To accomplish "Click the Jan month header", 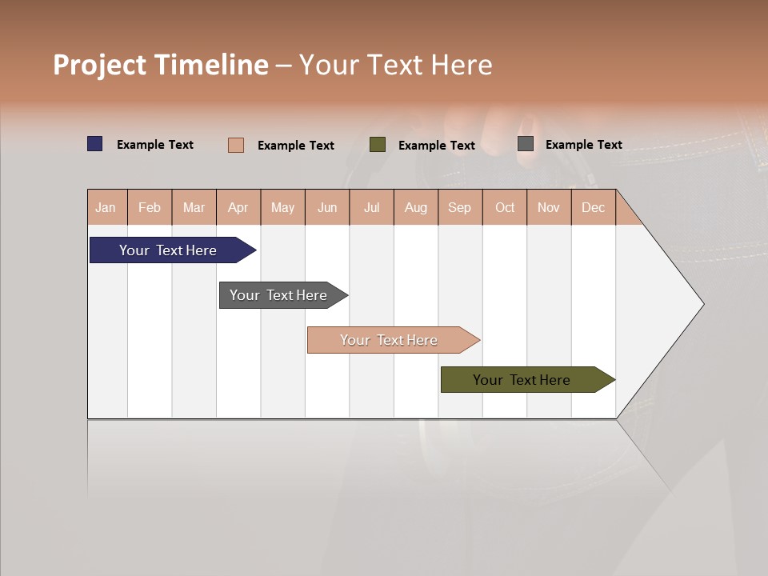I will tap(106, 207).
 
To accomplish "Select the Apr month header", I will tap(238, 207).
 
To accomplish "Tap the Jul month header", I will tap(371, 207).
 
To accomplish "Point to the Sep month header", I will tap(460, 207).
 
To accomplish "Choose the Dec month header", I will tap(593, 207).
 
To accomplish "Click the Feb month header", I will tap(150, 207).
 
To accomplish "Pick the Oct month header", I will tap(505, 207).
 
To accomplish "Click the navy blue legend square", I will tap(95, 144).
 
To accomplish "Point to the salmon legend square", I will tap(236, 145).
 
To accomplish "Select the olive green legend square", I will tap(378, 145).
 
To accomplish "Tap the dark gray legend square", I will tap(526, 144).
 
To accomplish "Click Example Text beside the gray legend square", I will tap(583, 145).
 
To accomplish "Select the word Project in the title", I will tap(101, 65).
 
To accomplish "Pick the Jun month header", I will tap(327, 207).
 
